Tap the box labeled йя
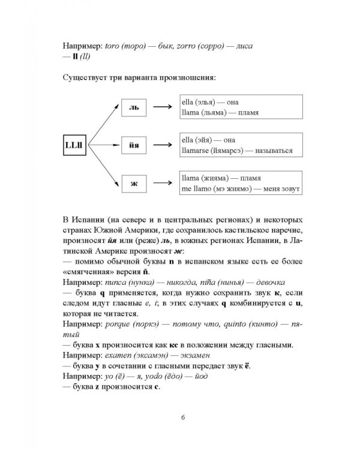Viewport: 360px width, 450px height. click(134, 145)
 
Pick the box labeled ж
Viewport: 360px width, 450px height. click(134, 182)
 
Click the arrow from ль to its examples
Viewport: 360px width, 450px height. click(161, 108)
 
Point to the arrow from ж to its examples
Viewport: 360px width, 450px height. click(161, 182)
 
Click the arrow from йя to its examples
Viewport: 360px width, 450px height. click(161, 145)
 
